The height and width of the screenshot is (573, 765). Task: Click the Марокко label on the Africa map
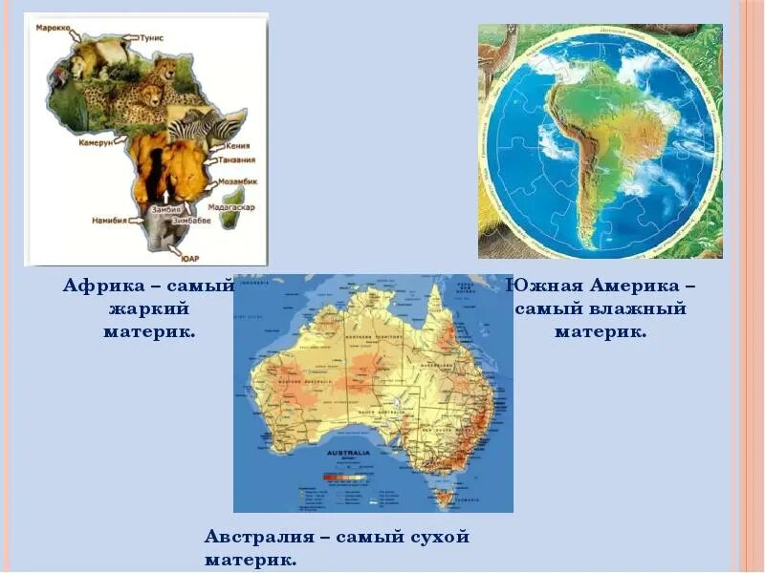(54, 29)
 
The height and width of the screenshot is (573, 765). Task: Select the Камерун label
(96, 141)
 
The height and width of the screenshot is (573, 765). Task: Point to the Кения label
(238, 146)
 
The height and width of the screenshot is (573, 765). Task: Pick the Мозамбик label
(235, 180)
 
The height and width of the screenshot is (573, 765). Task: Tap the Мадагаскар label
(233, 206)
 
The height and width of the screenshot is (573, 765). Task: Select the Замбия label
(165, 208)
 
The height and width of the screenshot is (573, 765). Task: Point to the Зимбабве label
(190, 220)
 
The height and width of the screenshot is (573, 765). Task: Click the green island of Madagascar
(229, 219)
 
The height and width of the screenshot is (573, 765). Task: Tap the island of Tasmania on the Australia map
(441, 497)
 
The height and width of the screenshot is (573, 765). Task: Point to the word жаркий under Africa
(148, 308)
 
